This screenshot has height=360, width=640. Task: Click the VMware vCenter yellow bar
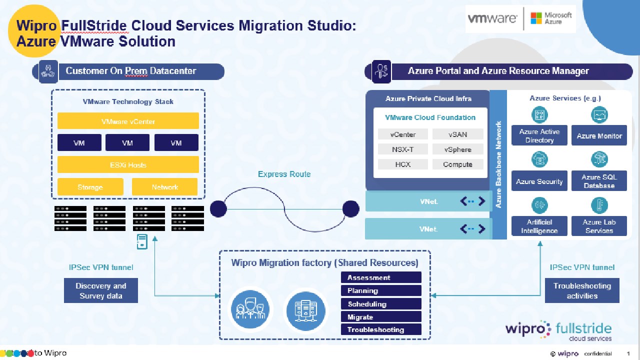tap(128, 121)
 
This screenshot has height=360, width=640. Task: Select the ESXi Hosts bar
tap(128, 164)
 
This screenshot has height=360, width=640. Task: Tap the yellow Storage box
tap(90, 187)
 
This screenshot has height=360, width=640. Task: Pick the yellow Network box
tap(164, 187)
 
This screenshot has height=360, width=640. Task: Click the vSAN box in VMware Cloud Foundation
tap(457, 134)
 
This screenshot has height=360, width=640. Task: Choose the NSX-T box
tap(403, 149)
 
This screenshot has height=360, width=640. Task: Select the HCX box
tap(403, 164)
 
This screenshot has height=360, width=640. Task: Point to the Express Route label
tap(284, 174)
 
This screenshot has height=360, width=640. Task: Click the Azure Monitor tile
tap(599, 136)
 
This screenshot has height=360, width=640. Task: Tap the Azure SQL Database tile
tap(599, 181)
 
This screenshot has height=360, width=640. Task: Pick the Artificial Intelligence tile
tap(539, 226)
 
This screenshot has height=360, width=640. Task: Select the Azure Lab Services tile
tap(599, 226)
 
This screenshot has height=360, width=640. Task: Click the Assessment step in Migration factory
tap(381, 277)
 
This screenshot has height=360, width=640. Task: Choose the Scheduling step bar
tap(381, 304)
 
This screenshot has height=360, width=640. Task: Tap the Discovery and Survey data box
tap(101, 290)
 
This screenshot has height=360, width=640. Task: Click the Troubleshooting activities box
tap(582, 290)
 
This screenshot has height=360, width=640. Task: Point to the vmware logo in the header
tap(492, 19)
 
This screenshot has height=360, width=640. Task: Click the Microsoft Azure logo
tap(551, 18)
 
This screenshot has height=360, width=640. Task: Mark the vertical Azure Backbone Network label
tap(498, 165)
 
